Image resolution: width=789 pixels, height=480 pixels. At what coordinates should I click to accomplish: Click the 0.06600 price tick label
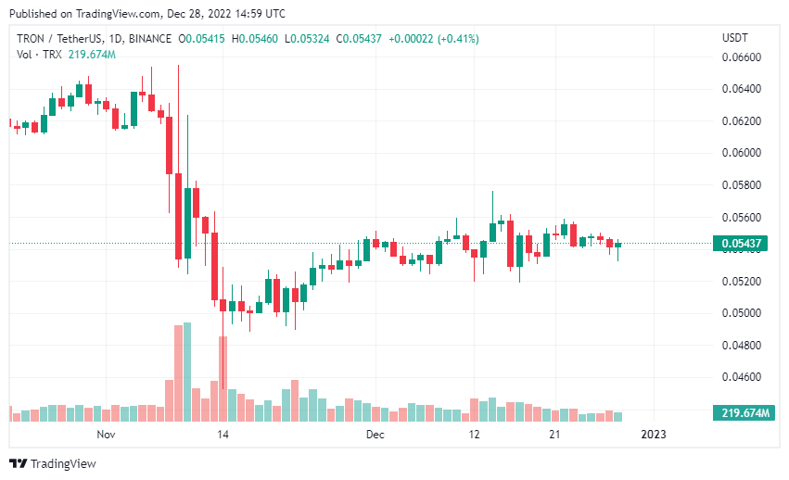(x=741, y=57)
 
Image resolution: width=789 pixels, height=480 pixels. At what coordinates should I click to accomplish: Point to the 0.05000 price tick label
(x=741, y=313)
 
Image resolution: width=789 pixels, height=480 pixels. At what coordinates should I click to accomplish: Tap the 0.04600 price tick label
(x=741, y=377)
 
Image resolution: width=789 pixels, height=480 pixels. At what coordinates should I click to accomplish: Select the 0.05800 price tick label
(x=741, y=185)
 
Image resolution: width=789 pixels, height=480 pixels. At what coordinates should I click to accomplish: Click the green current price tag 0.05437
(x=741, y=245)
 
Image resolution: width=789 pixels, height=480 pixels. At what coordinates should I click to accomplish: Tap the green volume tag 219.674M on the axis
(x=741, y=413)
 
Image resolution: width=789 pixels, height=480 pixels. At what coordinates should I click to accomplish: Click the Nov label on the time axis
(x=105, y=435)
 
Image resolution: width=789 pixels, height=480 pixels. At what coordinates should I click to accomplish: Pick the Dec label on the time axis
(x=375, y=435)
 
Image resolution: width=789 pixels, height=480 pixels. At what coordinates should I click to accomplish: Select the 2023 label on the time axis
(x=654, y=435)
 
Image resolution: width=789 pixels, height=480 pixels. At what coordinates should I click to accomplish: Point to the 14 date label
(x=223, y=435)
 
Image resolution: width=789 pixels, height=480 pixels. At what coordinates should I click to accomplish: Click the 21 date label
(x=554, y=435)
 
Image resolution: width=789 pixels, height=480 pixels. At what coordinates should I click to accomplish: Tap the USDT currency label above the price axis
(x=736, y=38)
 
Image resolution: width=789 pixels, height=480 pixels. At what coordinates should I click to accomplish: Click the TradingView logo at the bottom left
(x=53, y=463)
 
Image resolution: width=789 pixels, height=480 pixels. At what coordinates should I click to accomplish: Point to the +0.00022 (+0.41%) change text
(x=436, y=39)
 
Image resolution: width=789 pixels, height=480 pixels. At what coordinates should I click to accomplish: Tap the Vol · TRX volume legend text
(x=37, y=55)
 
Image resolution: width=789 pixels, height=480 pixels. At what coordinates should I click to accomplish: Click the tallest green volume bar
(x=187, y=372)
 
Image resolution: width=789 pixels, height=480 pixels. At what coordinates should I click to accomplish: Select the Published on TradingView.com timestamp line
(x=147, y=14)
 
